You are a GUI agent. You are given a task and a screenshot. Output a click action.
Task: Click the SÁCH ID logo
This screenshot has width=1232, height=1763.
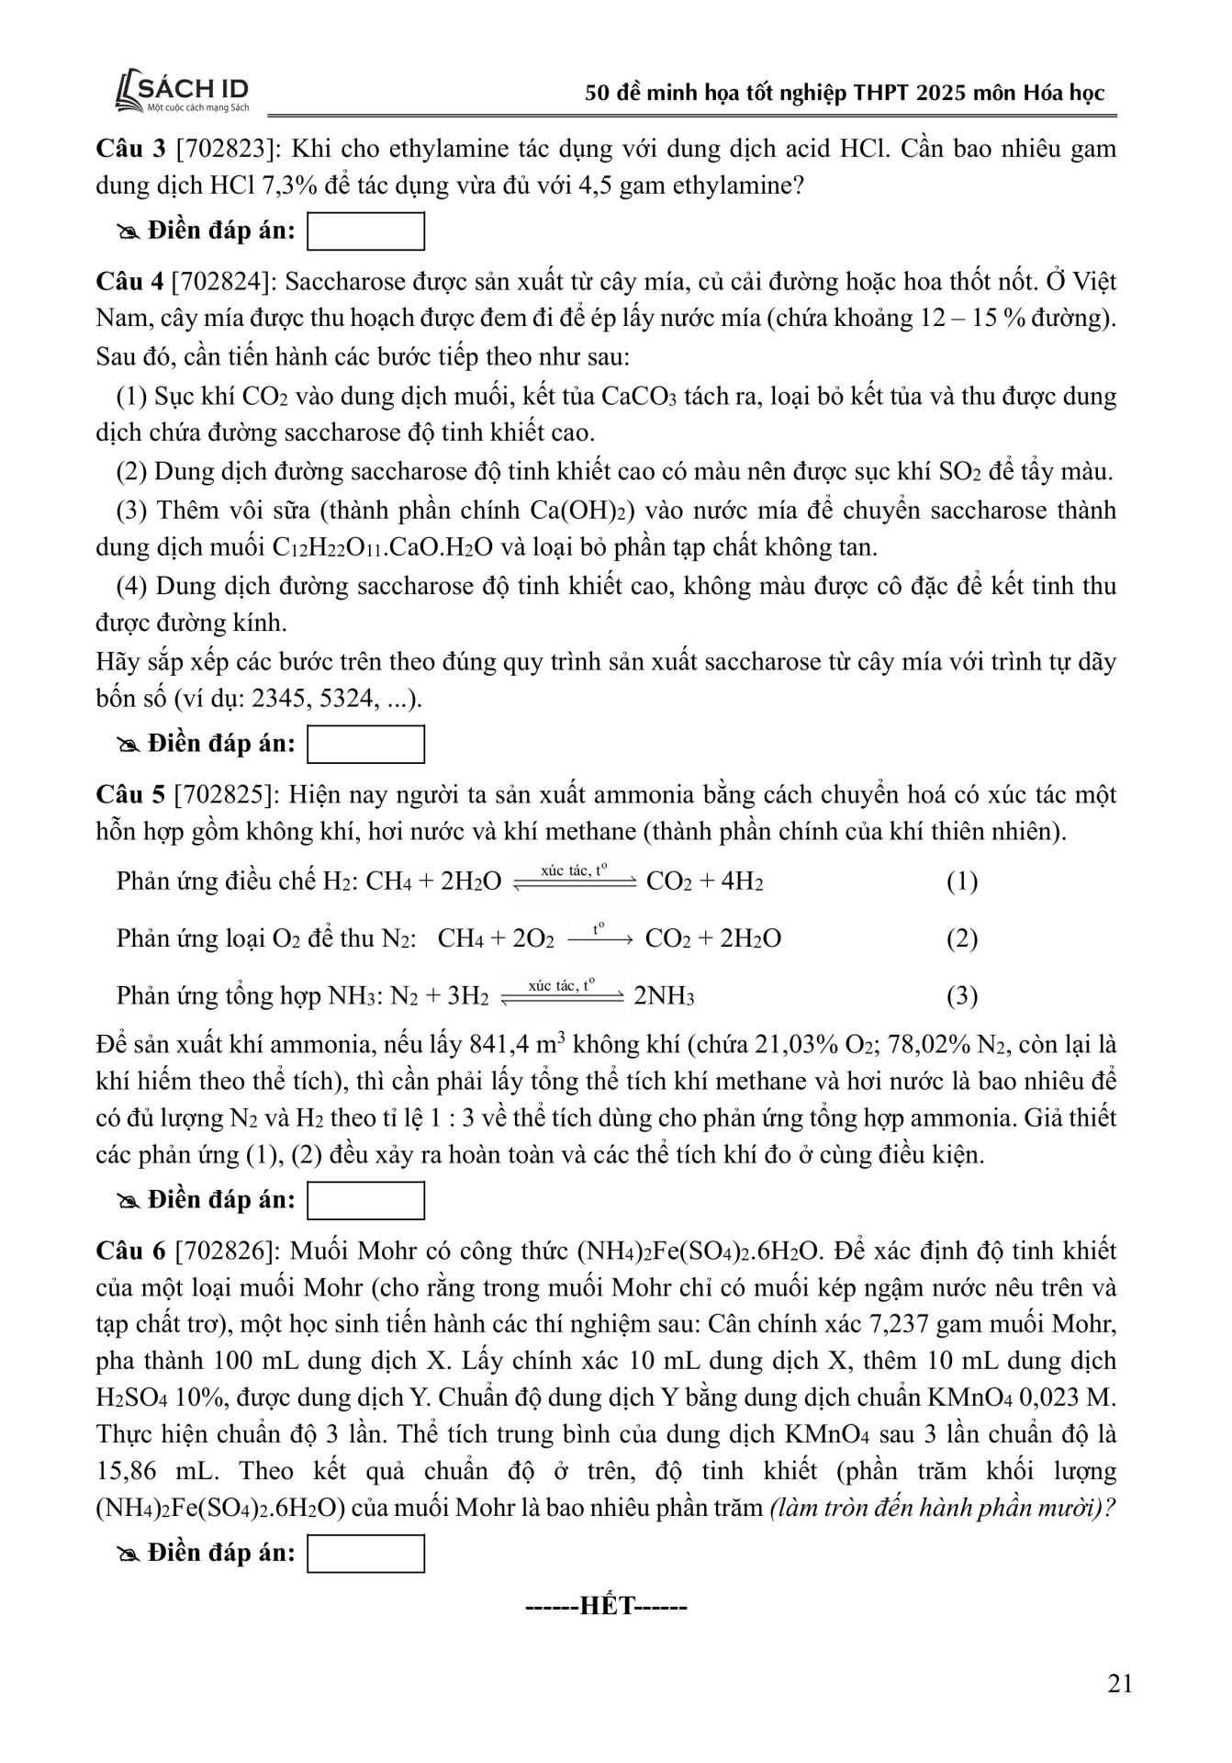(183, 94)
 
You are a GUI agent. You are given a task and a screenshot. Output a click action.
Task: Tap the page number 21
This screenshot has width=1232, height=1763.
(1120, 1683)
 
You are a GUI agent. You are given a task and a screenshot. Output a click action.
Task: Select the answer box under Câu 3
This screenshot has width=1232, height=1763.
(365, 231)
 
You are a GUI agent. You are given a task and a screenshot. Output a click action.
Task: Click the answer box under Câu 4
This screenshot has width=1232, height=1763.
(365, 744)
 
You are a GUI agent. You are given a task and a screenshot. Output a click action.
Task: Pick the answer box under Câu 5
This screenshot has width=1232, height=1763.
(365, 1200)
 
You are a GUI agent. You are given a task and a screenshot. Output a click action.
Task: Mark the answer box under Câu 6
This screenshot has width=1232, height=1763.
(365, 1554)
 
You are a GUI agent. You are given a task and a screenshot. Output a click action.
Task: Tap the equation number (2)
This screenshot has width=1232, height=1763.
(961, 938)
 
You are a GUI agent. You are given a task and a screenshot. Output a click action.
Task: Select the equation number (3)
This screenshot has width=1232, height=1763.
(961, 996)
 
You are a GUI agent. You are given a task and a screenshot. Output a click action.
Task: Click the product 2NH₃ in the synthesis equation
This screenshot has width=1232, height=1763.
(664, 997)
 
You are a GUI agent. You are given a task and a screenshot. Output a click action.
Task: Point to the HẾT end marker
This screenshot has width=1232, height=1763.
(606, 1606)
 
